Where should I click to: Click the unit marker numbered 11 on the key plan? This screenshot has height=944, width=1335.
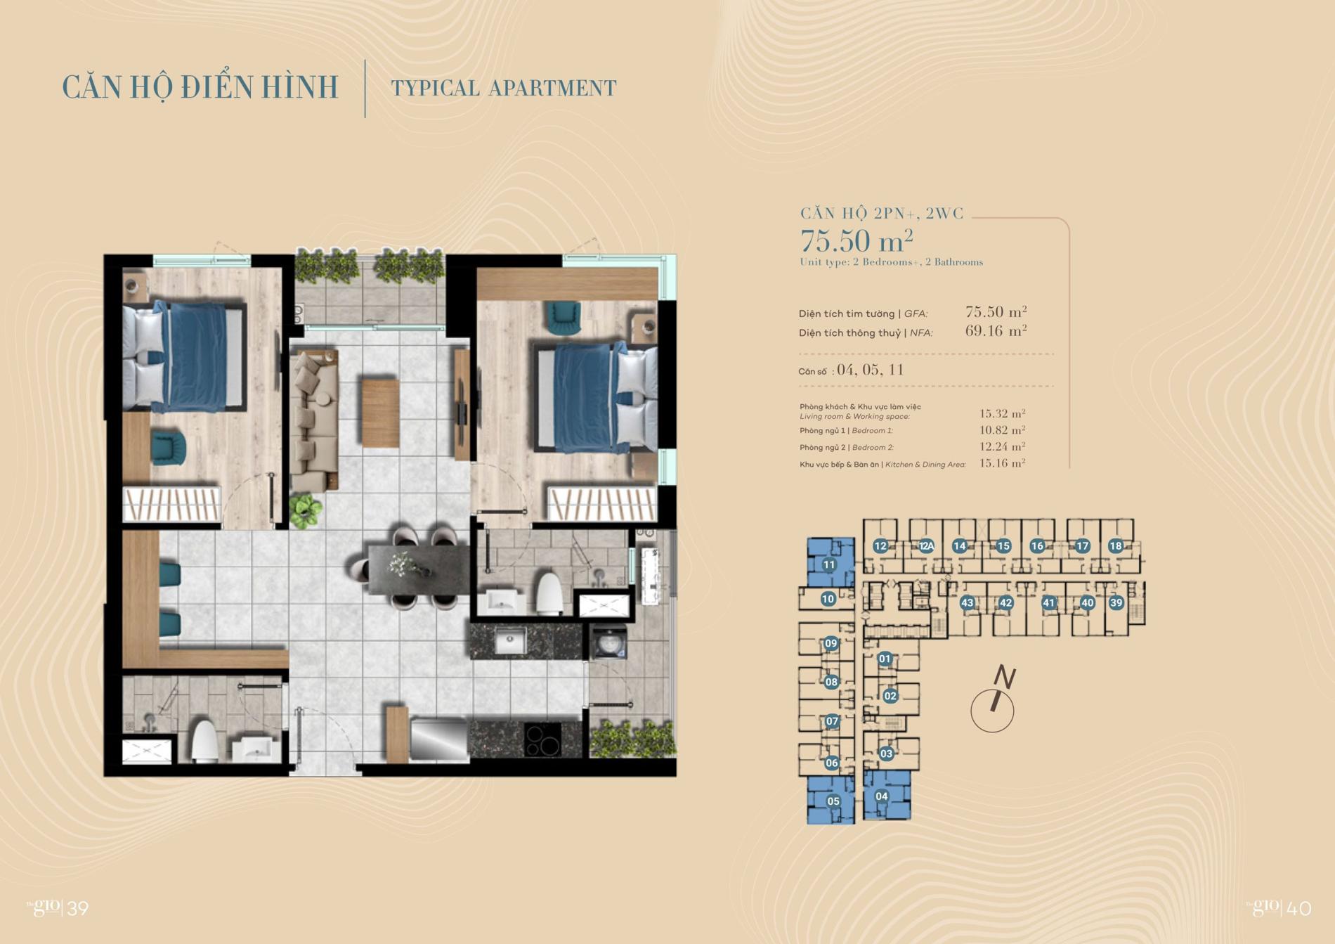pyautogui.click(x=829, y=564)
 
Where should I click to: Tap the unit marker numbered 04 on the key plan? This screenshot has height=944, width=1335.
pyautogui.click(x=881, y=796)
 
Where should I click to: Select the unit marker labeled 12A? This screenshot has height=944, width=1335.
pyautogui.click(x=926, y=546)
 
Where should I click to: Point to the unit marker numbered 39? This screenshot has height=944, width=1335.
pyautogui.click(x=1116, y=602)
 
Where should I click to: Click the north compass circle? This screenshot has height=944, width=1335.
pyautogui.click(x=991, y=711)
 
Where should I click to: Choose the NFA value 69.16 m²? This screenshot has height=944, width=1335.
pyautogui.click(x=996, y=331)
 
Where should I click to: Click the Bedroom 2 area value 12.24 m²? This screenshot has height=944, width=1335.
pyautogui.click(x=1002, y=447)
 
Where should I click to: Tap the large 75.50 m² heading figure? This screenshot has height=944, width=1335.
pyautogui.click(x=857, y=241)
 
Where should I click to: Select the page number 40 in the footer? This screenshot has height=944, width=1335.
pyautogui.click(x=1299, y=908)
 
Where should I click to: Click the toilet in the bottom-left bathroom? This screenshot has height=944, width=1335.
pyautogui.click(x=205, y=741)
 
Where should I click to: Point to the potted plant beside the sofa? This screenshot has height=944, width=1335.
pyautogui.click(x=306, y=510)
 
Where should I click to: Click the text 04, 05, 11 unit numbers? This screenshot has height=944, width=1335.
pyautogui.click(x=870, y=370)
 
